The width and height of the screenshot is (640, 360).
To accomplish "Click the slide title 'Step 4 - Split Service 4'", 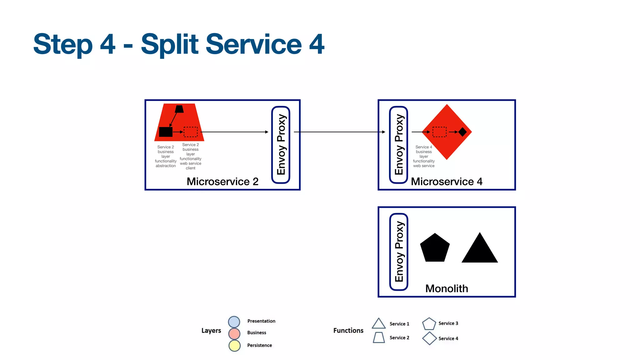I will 179,44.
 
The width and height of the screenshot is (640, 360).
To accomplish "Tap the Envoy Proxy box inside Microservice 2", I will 281,145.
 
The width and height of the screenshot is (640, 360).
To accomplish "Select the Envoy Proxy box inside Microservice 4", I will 398,145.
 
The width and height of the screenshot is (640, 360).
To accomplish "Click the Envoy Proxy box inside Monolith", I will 399,252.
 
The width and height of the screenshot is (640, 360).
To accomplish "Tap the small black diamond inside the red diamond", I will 462,132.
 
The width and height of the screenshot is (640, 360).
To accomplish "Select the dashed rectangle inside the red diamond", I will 439,132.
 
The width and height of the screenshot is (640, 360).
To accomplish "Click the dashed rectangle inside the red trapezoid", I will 190,132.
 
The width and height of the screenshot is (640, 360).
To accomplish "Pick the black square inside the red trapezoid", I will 166,132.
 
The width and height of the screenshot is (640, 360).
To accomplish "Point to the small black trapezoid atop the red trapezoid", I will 179,109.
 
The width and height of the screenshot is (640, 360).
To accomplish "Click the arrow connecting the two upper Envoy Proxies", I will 339,132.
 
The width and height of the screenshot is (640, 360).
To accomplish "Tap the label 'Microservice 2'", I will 222,182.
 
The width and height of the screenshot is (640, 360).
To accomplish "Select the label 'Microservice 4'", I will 447,182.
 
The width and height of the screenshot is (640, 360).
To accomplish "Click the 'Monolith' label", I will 447,288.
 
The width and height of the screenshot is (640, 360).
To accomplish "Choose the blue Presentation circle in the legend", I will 234,322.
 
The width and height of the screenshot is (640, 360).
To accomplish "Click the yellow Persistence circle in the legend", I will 234,346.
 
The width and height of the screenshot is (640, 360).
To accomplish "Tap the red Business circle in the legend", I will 234,333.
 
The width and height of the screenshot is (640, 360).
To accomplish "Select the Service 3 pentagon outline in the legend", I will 429,324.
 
